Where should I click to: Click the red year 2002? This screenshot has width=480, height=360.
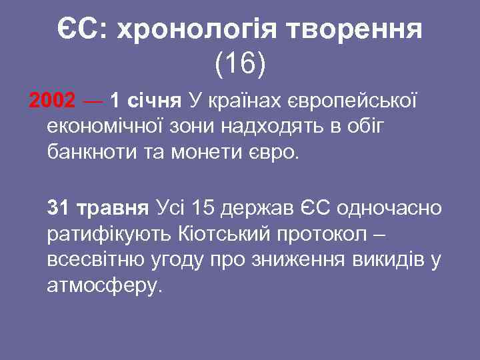(53, 101)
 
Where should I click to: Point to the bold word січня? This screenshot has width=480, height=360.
(153, 101)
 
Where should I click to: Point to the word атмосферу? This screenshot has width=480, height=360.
(105, 285)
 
